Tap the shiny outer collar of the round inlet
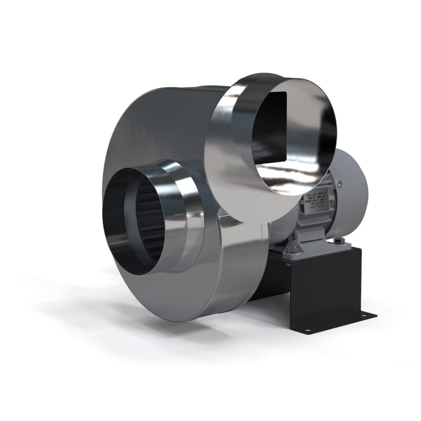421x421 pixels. tap(181, 214)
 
